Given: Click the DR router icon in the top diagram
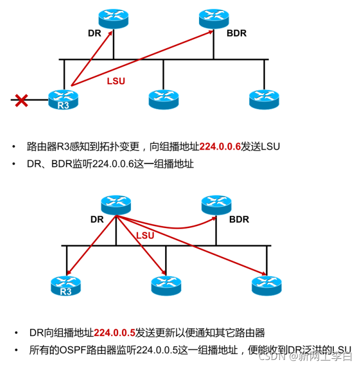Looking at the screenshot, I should [114, 19].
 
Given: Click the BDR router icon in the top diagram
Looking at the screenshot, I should [213, 19].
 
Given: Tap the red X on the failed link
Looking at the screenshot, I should [21, 100].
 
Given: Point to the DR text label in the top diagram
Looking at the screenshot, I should [95, 33].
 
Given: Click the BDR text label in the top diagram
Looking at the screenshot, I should [236, 33].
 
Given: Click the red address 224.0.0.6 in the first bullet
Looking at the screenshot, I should [220, 147].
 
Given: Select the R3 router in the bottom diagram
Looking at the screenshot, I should [66, 286].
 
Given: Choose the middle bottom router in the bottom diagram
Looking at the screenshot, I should [166, 286].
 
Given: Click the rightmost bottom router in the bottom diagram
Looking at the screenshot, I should [266, 286].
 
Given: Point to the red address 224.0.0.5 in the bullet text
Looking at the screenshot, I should [114, 333].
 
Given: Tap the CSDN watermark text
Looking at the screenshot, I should [271, 356].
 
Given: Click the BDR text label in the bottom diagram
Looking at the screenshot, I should [239, 220].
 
